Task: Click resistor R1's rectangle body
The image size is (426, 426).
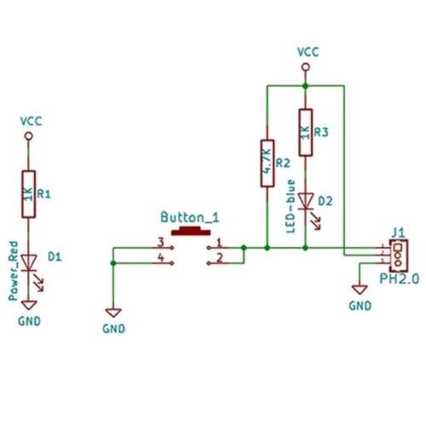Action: pos(29,194)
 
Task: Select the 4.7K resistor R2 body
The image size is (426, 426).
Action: pos(268,164)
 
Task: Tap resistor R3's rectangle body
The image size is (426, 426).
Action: pos(306,132)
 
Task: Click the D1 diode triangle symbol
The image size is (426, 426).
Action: pos(29,262)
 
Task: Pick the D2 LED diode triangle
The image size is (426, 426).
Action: pos(306,201)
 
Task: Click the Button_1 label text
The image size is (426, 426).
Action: pos(190,217)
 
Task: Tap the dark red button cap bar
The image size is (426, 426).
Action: pos(191,232)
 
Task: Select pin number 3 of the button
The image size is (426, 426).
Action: pos(161,243)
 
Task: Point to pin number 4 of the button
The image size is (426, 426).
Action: pos(161,258)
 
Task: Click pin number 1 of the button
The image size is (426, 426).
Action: pos(219,243)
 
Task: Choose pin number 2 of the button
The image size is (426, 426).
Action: pos(220,258)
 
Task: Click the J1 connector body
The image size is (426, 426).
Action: pos(399,256)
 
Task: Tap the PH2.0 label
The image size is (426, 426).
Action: pos(400,279)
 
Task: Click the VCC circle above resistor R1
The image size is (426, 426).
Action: pos(29,136)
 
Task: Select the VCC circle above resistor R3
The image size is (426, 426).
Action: pos(306,67)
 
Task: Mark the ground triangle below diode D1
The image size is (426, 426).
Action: pos(29,305)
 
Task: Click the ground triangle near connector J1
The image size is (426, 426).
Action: pos(360,290)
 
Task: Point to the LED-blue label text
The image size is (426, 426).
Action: pos(291,206)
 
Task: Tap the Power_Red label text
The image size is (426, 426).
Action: pos(13,271)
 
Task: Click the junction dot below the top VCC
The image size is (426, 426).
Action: pos(306,86)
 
